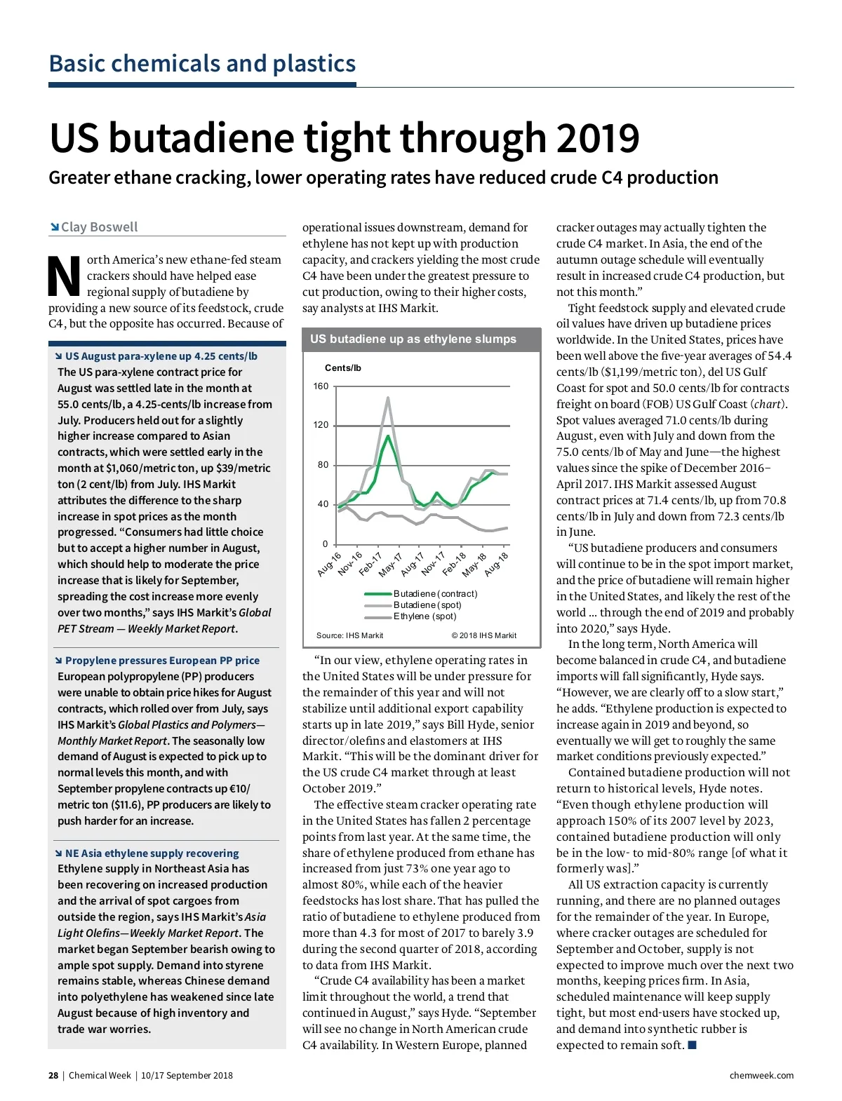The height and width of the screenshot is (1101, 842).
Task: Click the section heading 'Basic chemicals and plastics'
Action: point(202,64)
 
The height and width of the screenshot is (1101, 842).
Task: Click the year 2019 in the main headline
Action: point(598,138)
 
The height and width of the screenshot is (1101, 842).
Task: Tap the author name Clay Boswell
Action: point(99,227)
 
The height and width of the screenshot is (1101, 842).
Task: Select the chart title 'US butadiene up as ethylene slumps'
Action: point(413,339)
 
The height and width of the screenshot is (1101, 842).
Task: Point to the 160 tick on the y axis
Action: point(321,386)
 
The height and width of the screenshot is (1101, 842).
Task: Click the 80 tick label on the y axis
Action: point(323,465)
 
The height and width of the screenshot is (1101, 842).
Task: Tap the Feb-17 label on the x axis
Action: point(370,564)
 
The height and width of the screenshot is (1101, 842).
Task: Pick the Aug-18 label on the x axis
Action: point(496,564)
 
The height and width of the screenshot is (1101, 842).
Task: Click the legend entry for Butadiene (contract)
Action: point(435,594)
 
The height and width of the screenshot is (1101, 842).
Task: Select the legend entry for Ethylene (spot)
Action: point(425,616)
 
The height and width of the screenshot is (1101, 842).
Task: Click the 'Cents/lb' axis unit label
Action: point(342,368)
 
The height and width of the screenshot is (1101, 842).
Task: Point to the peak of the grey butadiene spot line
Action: point(388,398)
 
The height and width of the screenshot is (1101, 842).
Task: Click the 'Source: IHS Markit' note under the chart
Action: point(349,635)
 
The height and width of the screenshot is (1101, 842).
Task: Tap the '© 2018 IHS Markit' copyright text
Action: point(483,635)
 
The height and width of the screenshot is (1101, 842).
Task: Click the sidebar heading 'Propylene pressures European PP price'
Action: point(162,661)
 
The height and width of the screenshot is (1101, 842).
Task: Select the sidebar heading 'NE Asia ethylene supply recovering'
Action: point(152,853)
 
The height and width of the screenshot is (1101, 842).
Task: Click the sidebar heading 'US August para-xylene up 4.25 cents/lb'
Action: point(161,356)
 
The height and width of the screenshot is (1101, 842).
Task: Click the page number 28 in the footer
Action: point(53,1076)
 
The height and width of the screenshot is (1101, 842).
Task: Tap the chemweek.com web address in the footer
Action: point(761,1076)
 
